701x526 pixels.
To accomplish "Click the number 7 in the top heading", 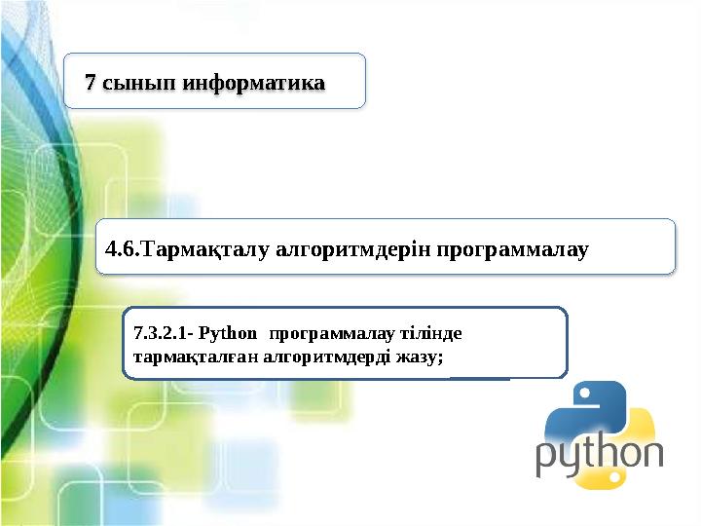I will tap(91, 82).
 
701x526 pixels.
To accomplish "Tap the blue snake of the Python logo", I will tap(581, 409).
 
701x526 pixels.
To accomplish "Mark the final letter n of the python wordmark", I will tap(652, 456).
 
